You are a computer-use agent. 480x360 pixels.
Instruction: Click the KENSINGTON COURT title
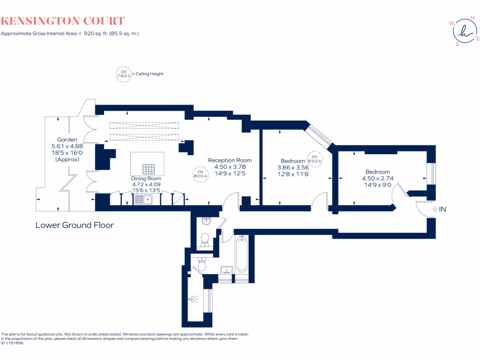click(62, 21)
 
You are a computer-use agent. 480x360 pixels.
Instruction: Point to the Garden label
click(67, 140)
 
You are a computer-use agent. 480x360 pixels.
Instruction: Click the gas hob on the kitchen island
click(149, 169)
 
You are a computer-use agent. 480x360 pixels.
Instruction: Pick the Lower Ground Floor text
click(75, 225)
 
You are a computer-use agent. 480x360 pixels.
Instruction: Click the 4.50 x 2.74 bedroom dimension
click(377, 179)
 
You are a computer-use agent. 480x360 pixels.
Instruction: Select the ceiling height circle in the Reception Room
click(200, 174)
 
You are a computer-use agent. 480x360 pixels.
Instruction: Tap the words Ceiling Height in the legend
click(149, 74)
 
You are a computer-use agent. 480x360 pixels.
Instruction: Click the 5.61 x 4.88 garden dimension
click(67, 146)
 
